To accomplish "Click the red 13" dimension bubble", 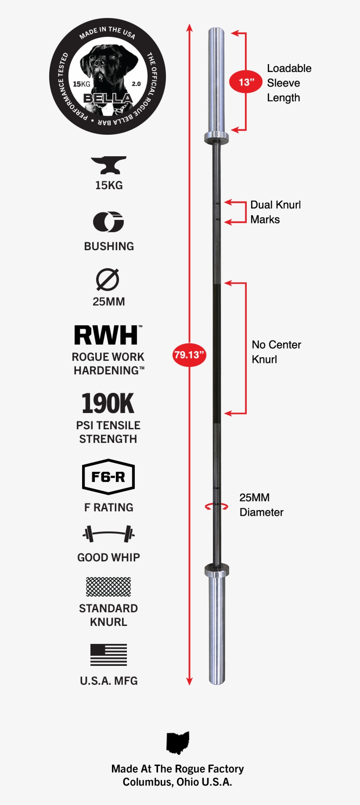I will [x=246, y=82].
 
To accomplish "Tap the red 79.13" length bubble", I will [x=189, y=355].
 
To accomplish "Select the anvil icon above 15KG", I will [x=108, y=165].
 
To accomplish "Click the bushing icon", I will [x=108, y=222].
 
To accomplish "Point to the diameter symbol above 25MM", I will [x=108, y=280].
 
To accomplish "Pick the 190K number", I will [x=108, y=403].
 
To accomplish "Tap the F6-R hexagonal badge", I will [x=108, y=477].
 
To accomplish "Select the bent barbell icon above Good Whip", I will [x=108, y=534].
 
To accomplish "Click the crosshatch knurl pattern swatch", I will [x=108, y=587].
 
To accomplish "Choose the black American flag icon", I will [x=108, y=654].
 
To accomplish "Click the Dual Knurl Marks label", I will [x=275, y=212].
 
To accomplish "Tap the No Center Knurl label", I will [x=276, y=352].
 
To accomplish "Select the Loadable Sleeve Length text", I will [x=289, y=83].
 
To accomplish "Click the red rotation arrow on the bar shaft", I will [x=216, y=507].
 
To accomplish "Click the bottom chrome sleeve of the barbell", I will [x=217, y=628].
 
